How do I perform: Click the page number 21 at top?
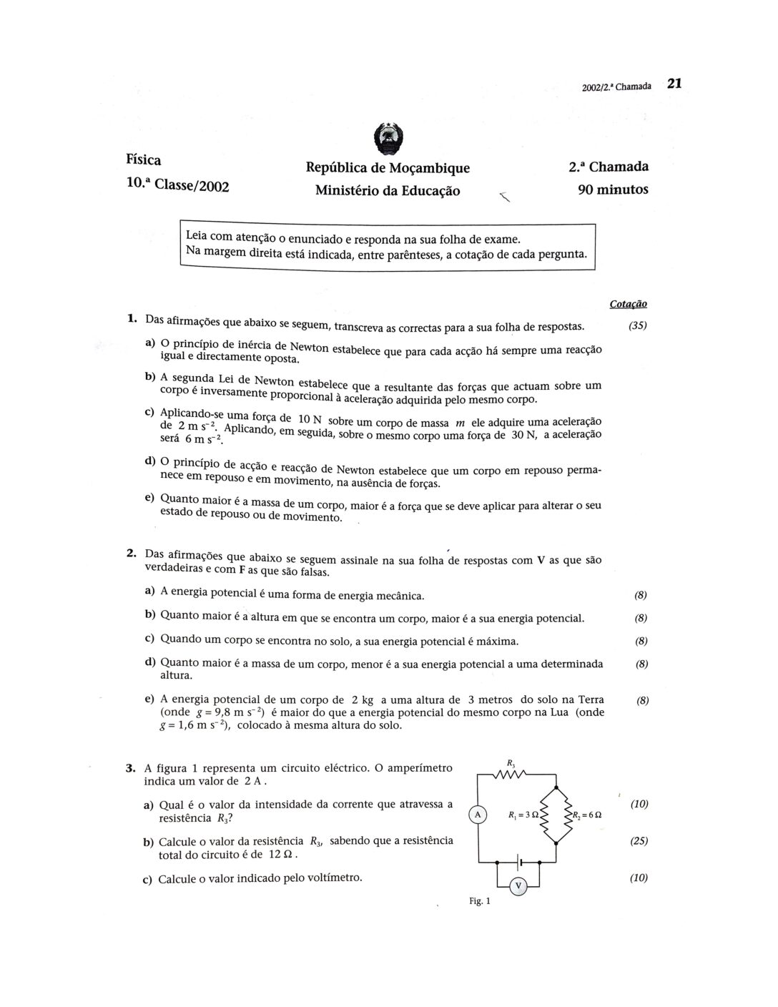click(674, 83)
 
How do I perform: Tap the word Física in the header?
click(144, 159)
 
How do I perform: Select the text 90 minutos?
click(613, 190)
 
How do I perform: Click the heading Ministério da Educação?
click(388, 190)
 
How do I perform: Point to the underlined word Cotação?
click(629, 304)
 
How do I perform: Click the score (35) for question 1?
click(637, 325)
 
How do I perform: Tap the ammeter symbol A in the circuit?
click(477, 814)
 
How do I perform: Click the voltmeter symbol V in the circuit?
click(519, 887)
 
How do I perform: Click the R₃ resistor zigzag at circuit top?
click(511, 774)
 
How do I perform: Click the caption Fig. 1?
click(480, 901)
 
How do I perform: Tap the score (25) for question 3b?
click(639, 841)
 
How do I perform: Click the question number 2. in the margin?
click(131, 552)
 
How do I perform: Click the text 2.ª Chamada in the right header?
click(609, 167)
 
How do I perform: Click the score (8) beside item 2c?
click(641, 641)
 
